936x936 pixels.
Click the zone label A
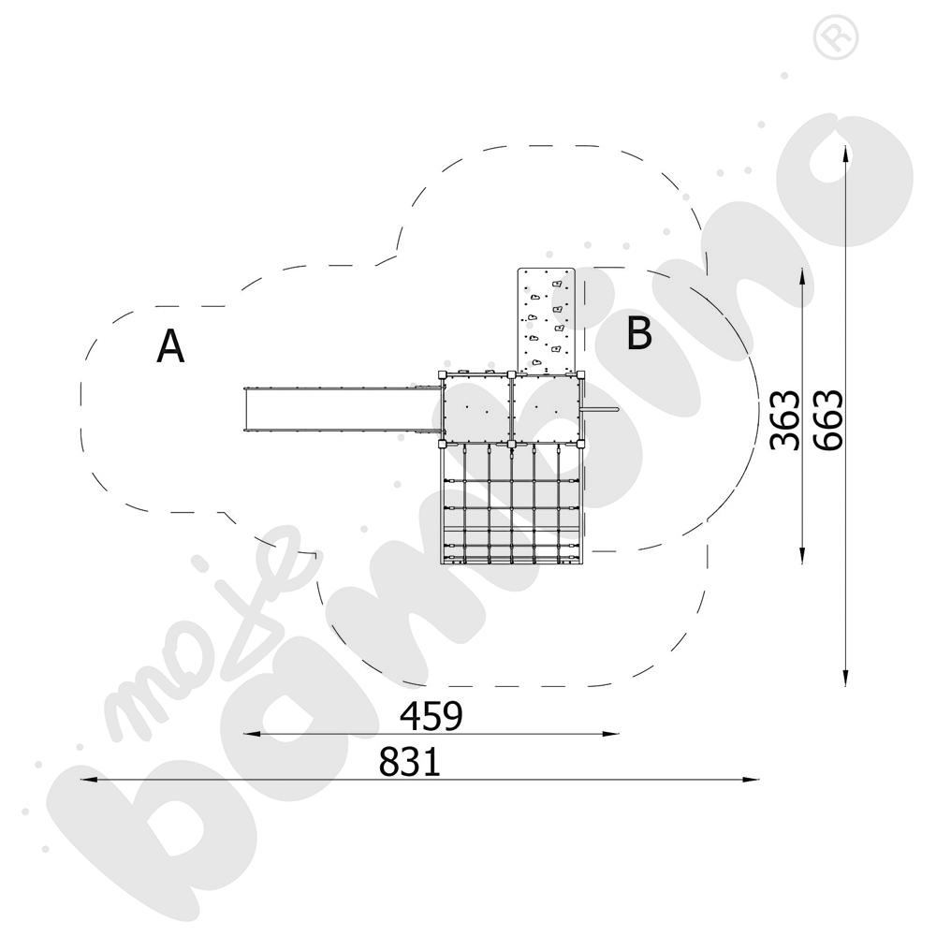pyautogui.click(x=170, y=346)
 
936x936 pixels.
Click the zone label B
pyautogui.click(x=638, y=333)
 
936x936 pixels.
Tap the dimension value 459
pyautogui.click(x=431, y=716)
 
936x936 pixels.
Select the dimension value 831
pyautogui.click(x=410, y=761)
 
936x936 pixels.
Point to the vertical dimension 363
pyautogui.click(x=784, y=419)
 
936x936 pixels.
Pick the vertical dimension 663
pyautogui.click(x=828, y=419)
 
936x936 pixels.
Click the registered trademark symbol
pyautogui.click(x=836, y=37)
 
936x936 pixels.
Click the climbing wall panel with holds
pyautogui.click(x=547, y=321)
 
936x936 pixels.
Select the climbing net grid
pyautogui.click(x=511, y=504)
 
